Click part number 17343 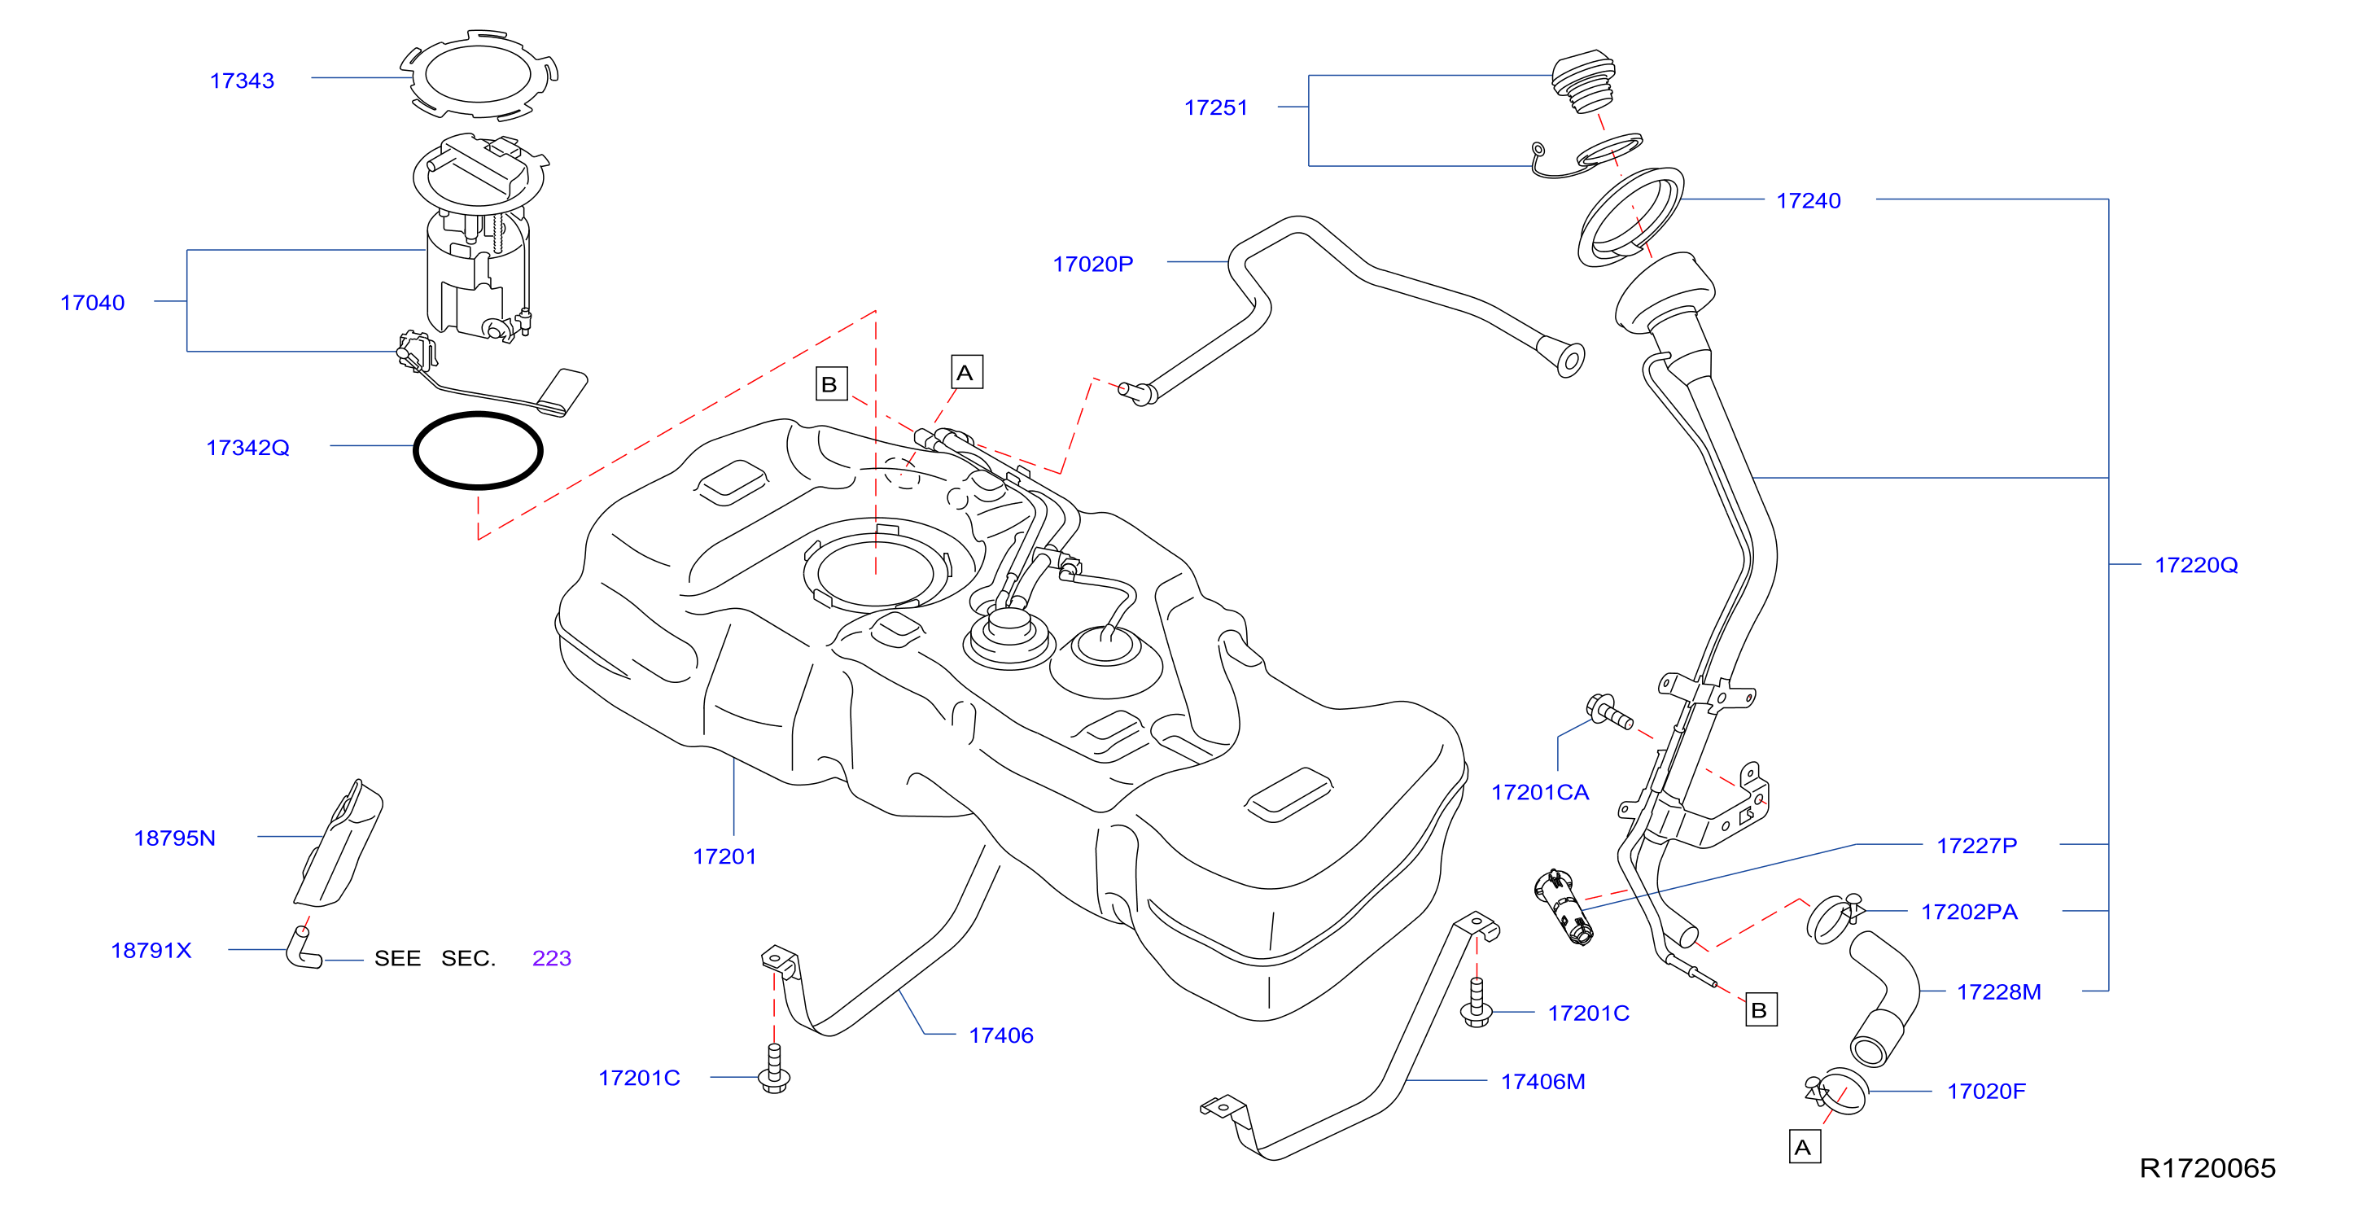pos(242,81)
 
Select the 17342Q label pos(247,448)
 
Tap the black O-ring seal pos(478,415)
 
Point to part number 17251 pos(1216,107)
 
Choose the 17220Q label pos(2196,565)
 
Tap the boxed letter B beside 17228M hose pos(1761,1009)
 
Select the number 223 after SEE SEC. pos(551,958)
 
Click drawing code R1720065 pos(2207,1167)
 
